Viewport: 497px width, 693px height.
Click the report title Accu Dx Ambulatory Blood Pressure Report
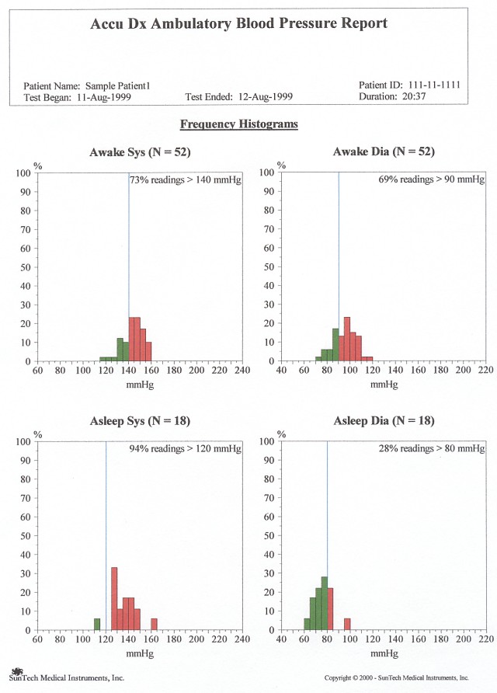click(238, 23)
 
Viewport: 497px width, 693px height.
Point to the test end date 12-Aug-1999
click(266, 97)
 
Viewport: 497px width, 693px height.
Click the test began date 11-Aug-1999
click(103, 97)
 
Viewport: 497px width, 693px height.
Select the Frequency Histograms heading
click(239, 124)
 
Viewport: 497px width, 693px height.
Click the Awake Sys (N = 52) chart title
click(140, 151)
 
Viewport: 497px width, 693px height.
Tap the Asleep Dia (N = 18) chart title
click(384, 421)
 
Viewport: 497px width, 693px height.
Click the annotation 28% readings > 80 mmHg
click(433, 449)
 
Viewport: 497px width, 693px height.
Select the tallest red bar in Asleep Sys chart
click(114, 598)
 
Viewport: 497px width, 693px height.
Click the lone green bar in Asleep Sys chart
click(97, 624)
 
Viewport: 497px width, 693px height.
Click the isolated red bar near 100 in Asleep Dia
click(347, 624)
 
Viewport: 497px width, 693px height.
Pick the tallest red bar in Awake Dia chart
click(347, 340)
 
